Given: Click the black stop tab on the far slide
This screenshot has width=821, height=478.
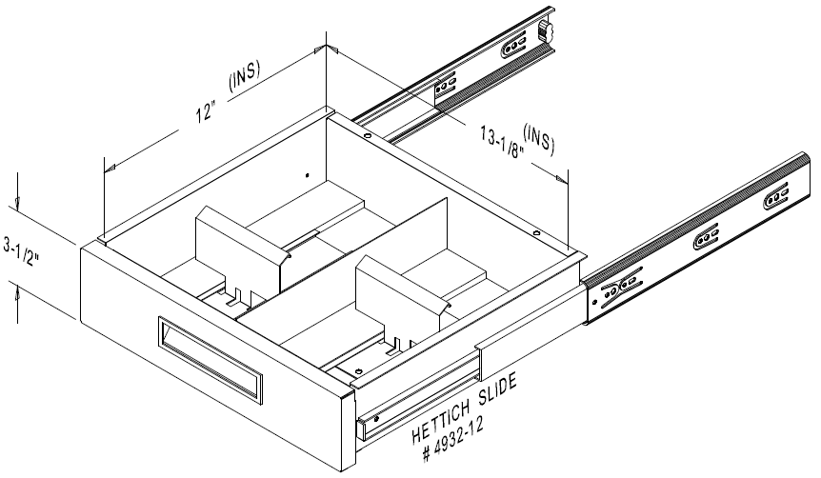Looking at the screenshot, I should click(x=547, y=29).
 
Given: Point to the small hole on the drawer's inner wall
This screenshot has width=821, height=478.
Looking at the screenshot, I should click(x=306, y=175).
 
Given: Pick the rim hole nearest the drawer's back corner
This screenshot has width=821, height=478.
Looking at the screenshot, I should click(x=367, y=135).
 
